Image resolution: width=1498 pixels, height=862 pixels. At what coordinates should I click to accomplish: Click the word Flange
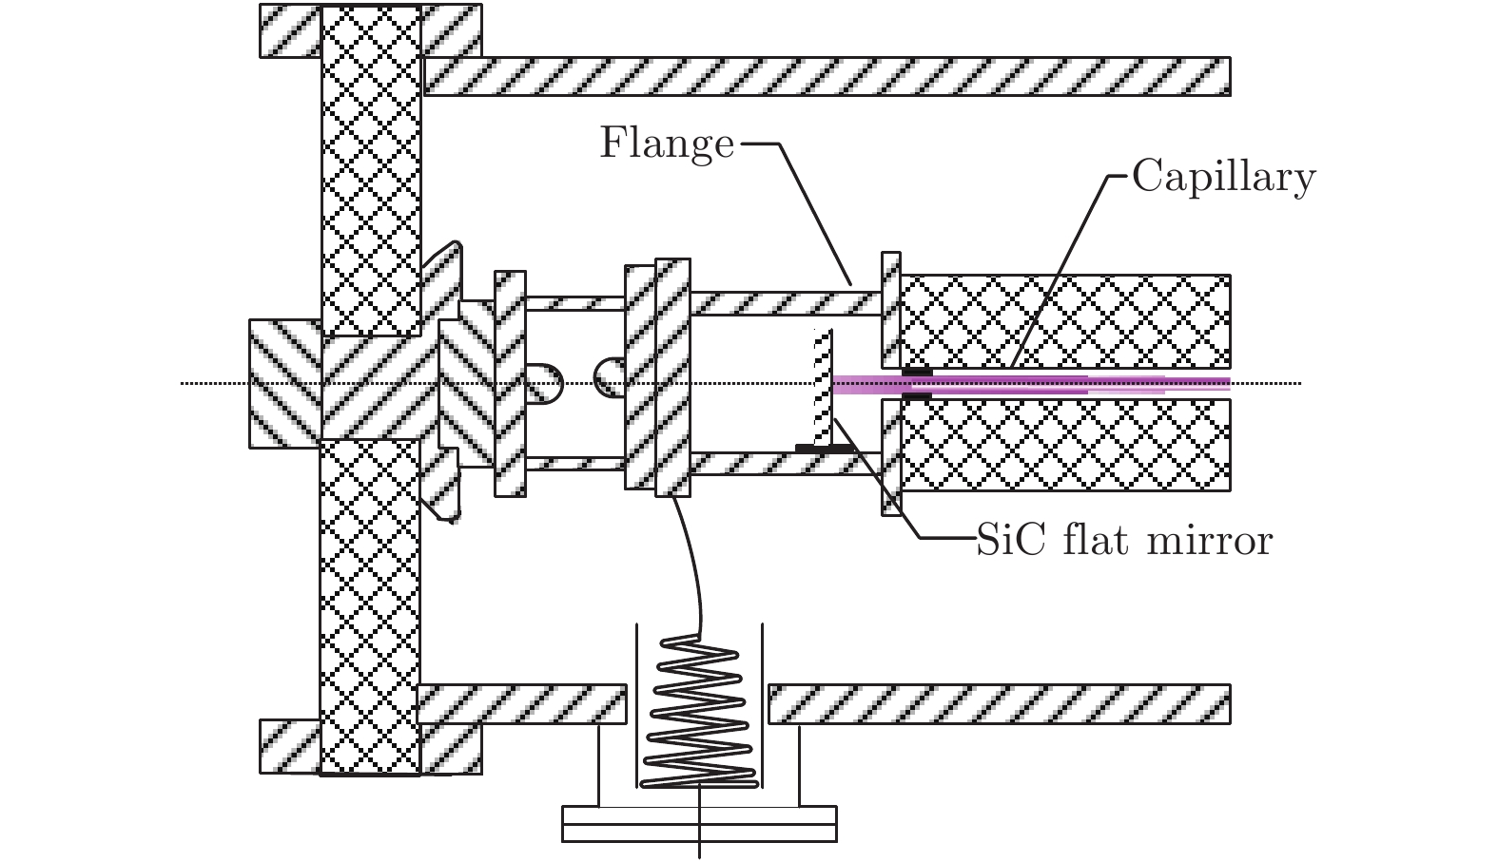tap(667, 144)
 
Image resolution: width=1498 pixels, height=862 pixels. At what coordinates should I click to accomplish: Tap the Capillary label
tap(1223, 177)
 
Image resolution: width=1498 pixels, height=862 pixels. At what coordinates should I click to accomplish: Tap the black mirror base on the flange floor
tap(824, 447)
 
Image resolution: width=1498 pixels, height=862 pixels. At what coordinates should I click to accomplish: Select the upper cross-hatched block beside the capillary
tap(1065, 321)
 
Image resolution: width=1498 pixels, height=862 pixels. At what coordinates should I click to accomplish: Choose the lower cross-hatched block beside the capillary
tap(1065, 445)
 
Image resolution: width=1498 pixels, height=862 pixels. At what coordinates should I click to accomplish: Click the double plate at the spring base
tap(700, 824)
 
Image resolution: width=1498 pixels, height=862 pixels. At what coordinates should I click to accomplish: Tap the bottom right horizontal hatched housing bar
tap(999, 703)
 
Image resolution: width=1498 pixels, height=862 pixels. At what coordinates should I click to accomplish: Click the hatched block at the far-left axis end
tap(283, 383)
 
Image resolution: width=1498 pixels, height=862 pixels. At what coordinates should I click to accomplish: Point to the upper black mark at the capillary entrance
tap(917, 371)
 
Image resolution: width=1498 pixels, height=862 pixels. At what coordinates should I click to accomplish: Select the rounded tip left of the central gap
tap(546, 383)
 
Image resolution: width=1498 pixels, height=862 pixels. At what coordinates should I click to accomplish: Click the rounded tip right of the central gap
tap(609, 378)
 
